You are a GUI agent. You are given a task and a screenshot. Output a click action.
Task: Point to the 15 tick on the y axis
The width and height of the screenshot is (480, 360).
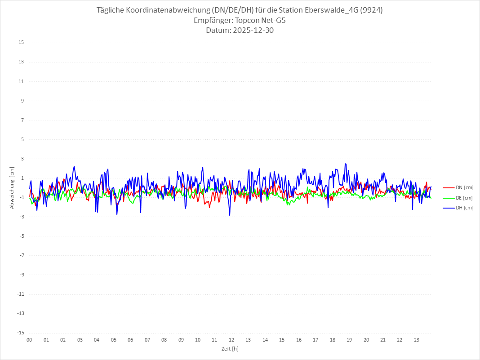21,43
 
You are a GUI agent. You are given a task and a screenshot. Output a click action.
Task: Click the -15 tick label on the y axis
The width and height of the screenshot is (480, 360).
20,333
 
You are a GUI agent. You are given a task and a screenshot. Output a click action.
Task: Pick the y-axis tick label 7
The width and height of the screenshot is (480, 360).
22,120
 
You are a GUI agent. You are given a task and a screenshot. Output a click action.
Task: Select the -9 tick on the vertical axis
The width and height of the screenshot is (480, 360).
21,275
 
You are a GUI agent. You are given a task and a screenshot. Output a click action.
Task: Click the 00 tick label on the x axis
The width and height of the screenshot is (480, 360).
29,340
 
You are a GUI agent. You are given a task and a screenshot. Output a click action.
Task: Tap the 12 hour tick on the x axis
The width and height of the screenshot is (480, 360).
231,340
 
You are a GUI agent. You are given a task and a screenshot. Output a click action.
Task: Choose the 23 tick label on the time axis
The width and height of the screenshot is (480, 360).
417,340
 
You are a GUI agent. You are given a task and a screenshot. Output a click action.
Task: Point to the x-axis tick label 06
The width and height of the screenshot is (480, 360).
130,340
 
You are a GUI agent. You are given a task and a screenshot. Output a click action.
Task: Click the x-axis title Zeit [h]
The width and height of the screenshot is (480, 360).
230,349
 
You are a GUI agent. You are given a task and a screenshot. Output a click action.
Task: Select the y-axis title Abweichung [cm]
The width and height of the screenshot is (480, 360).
12,187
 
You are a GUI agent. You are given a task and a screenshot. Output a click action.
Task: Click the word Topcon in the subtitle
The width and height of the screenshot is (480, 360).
247,21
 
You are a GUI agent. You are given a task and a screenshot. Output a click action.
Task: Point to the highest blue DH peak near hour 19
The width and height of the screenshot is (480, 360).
345,164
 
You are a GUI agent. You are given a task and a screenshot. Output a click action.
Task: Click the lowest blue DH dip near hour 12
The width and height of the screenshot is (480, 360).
230,215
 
